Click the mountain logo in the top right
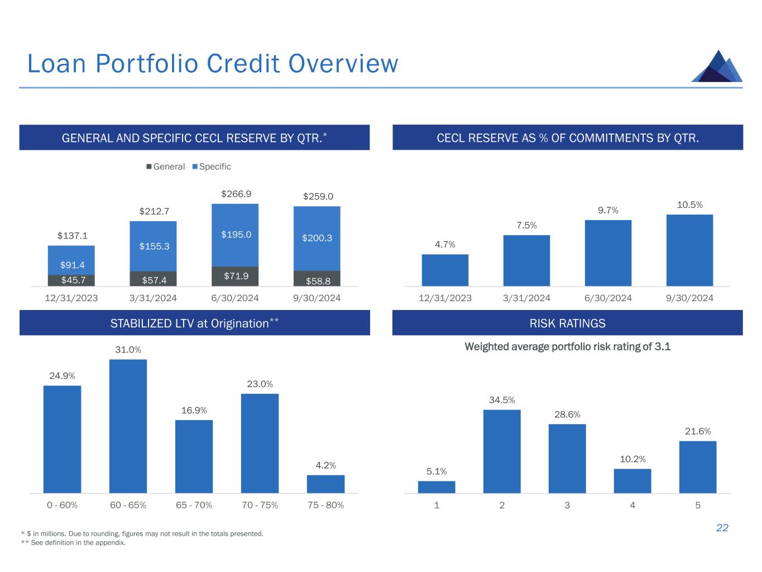click(x=717, y=66)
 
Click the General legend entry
click(x=166, y=166)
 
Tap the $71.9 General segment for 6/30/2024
click(x=235, y=276)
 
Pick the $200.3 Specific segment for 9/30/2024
click(x=317, y=239)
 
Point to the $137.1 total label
click(x=73, y=236)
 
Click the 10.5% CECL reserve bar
click(x=689, y=250)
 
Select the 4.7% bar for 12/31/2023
click(x=445, y=270)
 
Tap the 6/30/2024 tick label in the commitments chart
click(x=608, y=298)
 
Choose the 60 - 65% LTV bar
click(x=128, y=426)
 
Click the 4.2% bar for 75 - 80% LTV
click(x=325, y=484)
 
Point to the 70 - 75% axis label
click(x=260, y=505)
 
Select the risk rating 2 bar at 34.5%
click(x=502, y=451)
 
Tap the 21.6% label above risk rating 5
click(x=698, y=431)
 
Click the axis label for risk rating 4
click(x=632, y=505)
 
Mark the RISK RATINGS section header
click(x=567, y=323)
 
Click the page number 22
click(x=722, y=528)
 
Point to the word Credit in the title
click(x=242, y=64)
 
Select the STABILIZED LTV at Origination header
click(x=194, y=323)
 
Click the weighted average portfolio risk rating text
click(x=567, y=347)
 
